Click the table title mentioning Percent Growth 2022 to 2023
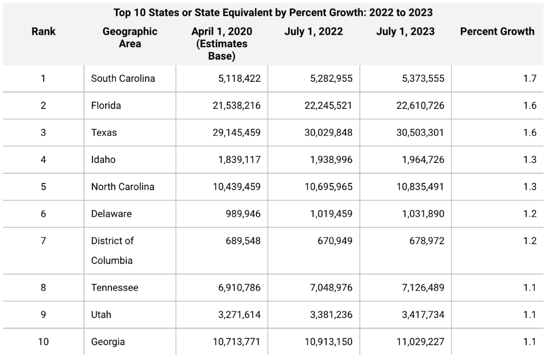point(273,12)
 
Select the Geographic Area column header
point(130,37)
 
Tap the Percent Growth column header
point(497,32)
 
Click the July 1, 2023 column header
point(405,32)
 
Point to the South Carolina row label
point(123,78)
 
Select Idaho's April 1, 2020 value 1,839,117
point(239,160)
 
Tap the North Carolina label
point(122,187)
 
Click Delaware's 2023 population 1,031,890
point(423,214)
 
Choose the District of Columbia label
point(112,250)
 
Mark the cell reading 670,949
point(335,241)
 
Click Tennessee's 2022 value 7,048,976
point(331,288)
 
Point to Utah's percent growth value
point(529,315)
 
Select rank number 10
point(43,342)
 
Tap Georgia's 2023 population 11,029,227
point(420,342)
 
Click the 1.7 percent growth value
point(529,78)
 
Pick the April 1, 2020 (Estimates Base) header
point(222,44)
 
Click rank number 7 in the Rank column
point(43,241)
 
